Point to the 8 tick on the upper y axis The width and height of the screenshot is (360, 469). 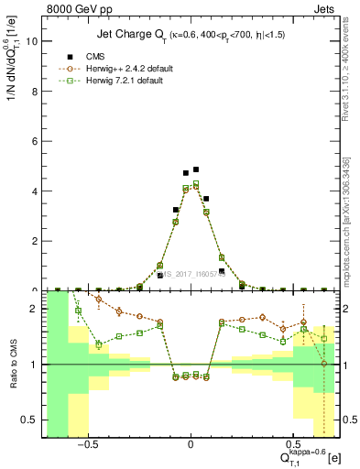pos(34,92)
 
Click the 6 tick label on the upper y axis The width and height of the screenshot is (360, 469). pos(34,141)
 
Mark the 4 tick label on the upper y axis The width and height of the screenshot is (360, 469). pos(34,191)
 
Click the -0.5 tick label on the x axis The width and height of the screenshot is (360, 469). pos(88,445)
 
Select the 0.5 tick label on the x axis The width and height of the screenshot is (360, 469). pos(294,445)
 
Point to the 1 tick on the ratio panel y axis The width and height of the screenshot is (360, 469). pos(34,365)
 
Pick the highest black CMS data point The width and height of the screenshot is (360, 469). pos(196,169)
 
